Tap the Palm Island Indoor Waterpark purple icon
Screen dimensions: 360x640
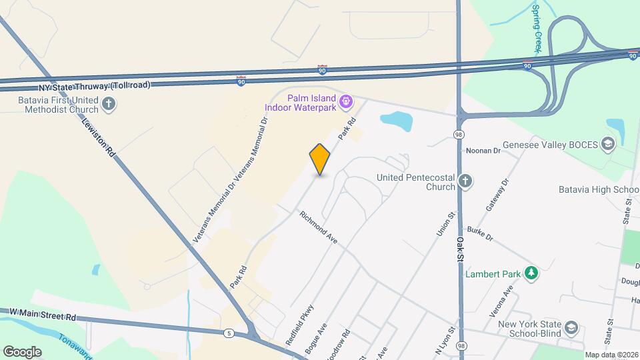point(345,102)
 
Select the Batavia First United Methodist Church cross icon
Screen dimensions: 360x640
point(109,103)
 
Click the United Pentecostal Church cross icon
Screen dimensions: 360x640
point(466,181)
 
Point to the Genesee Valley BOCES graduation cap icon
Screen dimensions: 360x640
point(607,144)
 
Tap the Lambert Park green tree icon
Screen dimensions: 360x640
point(531,273)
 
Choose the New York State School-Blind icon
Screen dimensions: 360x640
point(571,327)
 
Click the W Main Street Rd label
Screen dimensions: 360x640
point(44,313)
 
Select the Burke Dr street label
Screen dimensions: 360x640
point(479,233)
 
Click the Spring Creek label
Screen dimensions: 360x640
point(537,28)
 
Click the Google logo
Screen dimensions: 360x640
point(22,351)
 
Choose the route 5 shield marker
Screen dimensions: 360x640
point(229,333)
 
